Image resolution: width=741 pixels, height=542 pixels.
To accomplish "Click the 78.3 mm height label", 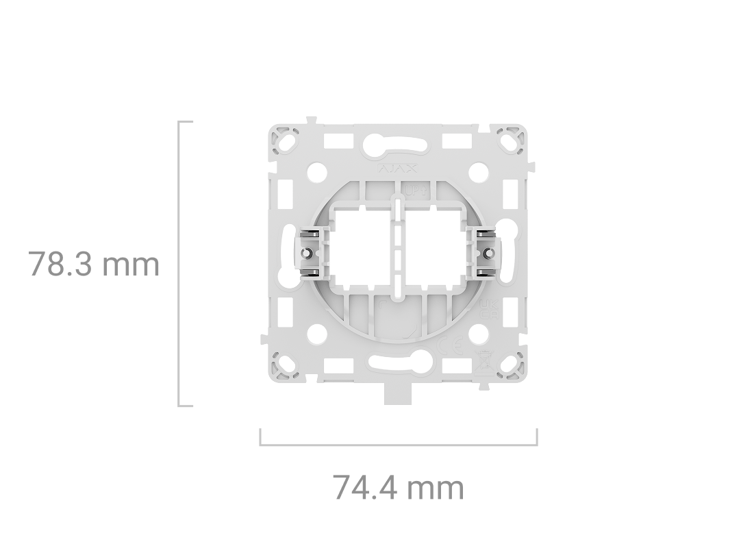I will pos(94,264).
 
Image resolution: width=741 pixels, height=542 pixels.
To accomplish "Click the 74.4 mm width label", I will pos(398,488).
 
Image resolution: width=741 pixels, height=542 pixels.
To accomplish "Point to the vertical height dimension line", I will pos(179,264).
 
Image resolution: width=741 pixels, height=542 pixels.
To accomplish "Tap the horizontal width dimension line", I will pos(398,445).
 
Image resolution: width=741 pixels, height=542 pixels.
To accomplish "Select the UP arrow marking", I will pos(416,193).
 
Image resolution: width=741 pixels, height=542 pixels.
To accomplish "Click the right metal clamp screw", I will pos(488,254).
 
